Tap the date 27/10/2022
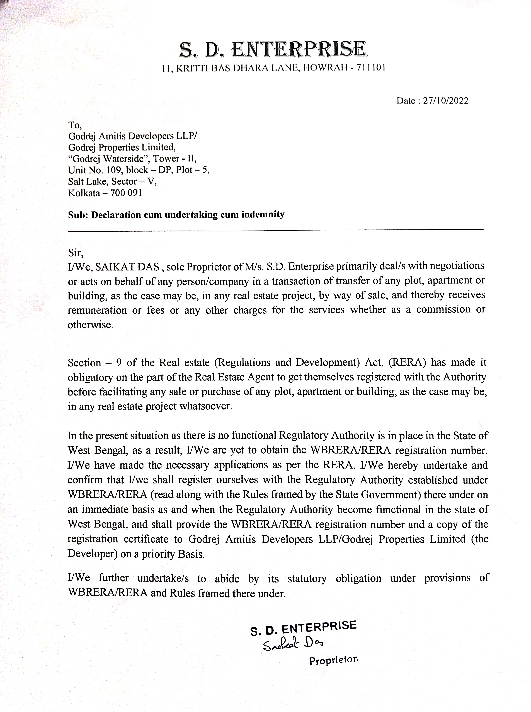pos(445,101)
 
